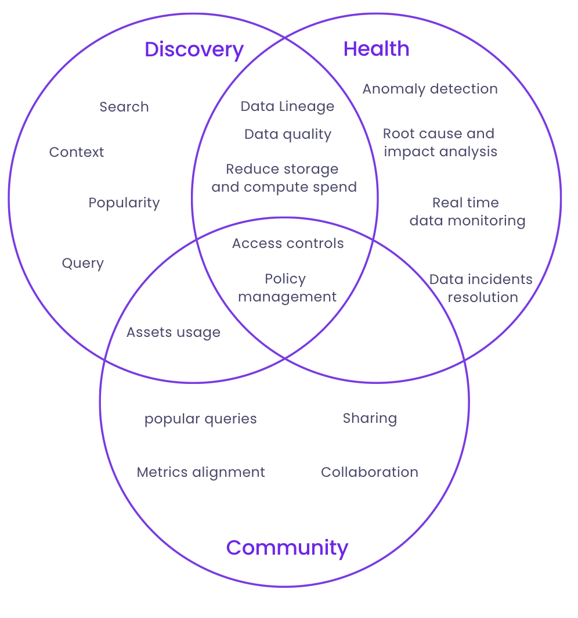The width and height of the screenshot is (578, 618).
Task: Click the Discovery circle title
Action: pyautogui.click(x=194, y=49)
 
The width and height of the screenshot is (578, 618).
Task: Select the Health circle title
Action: pyautogui.click(x=376, y=49)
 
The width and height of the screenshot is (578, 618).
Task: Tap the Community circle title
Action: pyautogui.click(x=287, y=547)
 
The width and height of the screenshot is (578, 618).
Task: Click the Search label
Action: pyautogui.click(x=124, y=107)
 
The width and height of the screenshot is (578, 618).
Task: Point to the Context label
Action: pyautogui.click(x=77, y=152)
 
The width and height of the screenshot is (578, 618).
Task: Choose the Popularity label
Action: pyautogui.click(x=124, y=203)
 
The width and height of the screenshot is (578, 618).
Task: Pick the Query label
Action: pyautogui.click(x=83, y=264)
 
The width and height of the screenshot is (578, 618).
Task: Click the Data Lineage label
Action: pyautogui.click(x=287, y=106)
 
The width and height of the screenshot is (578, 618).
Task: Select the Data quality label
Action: pyautogui.click(x=288, y=134)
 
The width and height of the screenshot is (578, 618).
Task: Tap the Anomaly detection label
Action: pyautogui.click(x=430, y=89)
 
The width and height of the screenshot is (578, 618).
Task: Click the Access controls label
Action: pyautogui.click(x=288, y=243)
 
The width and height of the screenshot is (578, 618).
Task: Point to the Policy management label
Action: pyautogui.click(x=287, y=288)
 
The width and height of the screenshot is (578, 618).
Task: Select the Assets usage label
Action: pyautogui.click(x=174, y=332)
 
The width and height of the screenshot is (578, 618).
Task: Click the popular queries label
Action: pyautogui.click(x=200, y=419)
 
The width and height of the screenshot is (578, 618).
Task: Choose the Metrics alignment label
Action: pyautogui.click(x=201, y=472)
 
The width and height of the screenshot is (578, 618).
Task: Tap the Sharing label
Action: pyautogui.click(x=370, y=418)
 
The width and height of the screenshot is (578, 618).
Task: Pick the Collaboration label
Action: pyautogui.click(x=370, y=472)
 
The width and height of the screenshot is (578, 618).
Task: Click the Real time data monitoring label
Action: pyautogui.click(x=467, y=211)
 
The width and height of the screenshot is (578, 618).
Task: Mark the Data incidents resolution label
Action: pyautogui.click(x=481, y=288)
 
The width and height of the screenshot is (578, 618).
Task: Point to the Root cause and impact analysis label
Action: pyautogui.click(x=440, y=142)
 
